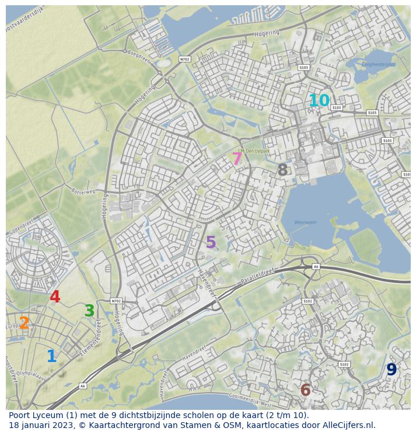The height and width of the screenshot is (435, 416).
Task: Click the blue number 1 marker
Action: click(51, 356)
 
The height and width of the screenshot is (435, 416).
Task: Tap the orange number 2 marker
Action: click(24, 323)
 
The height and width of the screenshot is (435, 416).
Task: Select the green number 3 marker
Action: click(89, 311)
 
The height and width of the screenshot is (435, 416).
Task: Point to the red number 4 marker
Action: click(55, 297)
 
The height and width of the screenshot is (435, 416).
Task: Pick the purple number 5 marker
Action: click(211, 242)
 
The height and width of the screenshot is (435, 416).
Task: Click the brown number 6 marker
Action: click(305, 390)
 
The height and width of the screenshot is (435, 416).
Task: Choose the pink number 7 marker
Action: click(237, 158)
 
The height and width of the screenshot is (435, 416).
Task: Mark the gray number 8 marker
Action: click(282, 170)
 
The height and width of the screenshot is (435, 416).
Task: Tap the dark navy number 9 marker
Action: click(391, 370)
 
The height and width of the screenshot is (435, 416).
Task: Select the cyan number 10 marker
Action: click(319, 101)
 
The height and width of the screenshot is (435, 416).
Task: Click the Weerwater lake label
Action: click(306, 222)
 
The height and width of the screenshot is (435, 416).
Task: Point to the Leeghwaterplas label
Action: click(379, 64)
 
